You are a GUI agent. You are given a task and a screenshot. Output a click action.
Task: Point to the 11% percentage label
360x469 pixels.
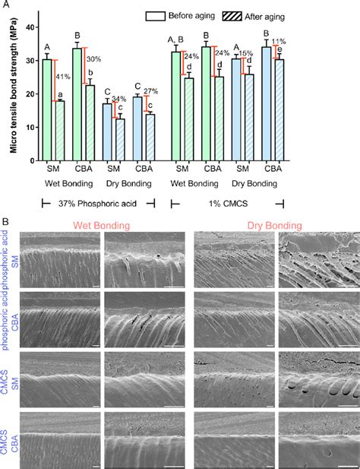point(278,41)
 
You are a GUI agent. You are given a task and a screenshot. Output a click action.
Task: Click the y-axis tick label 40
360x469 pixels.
point(30,27)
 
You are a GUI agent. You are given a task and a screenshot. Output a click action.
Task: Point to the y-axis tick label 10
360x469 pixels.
point(30,127)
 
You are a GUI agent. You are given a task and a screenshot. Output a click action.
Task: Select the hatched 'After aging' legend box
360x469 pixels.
point(233,14)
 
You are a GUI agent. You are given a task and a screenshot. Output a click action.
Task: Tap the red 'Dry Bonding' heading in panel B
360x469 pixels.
point(274,225)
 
